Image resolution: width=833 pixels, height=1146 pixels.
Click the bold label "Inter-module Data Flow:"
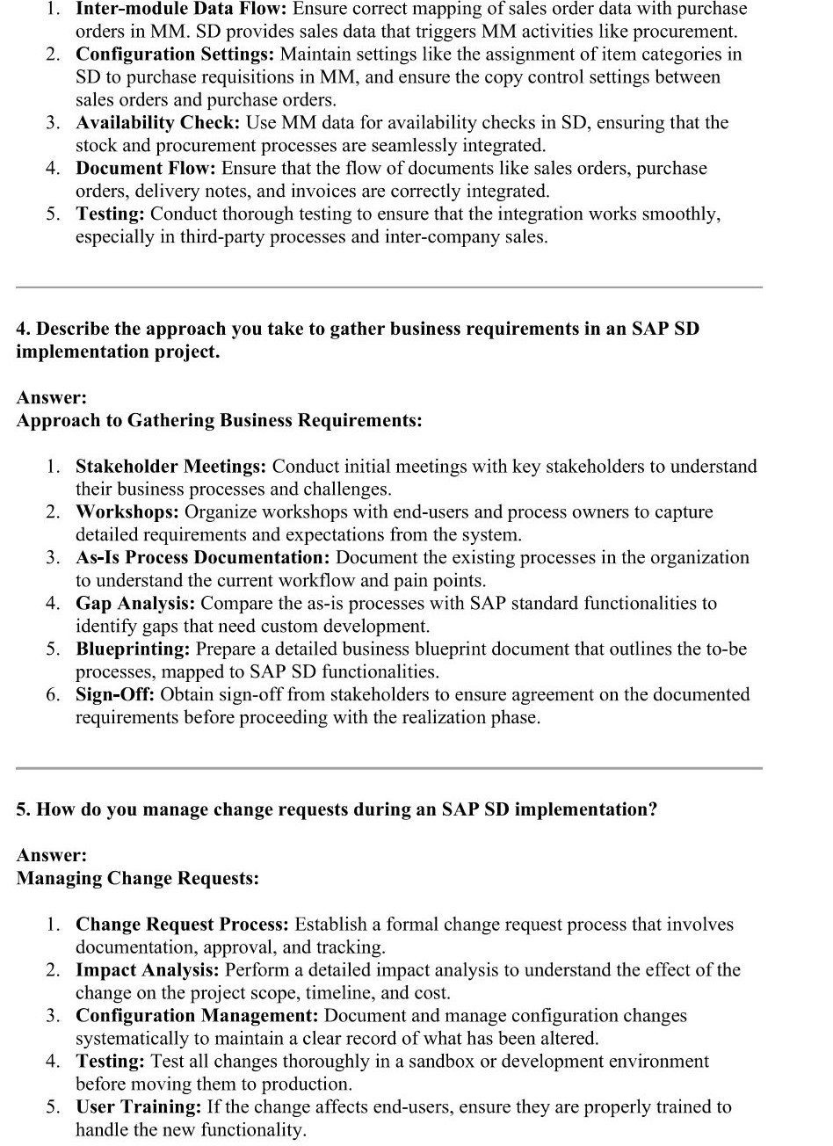tap(181, 10)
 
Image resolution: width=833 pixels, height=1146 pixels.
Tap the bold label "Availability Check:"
tap(158, 123)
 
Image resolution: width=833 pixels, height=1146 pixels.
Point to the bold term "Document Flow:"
tap(146, 169)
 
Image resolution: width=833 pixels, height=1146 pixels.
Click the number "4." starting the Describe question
tap(24, 329)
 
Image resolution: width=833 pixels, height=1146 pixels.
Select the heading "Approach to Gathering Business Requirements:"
tap(219, 421)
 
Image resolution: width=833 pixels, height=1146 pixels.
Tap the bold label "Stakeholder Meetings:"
tap(172, 467)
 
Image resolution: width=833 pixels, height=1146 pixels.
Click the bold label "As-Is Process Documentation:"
tap(203, 558)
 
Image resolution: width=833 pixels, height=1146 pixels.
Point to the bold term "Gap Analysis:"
tap(136, 604)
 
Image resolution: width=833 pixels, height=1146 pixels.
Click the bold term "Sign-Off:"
tap(115, 695)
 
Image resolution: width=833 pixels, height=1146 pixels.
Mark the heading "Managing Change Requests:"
tap(137, 879)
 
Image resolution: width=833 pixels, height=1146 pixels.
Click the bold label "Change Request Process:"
tap(182, 925)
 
